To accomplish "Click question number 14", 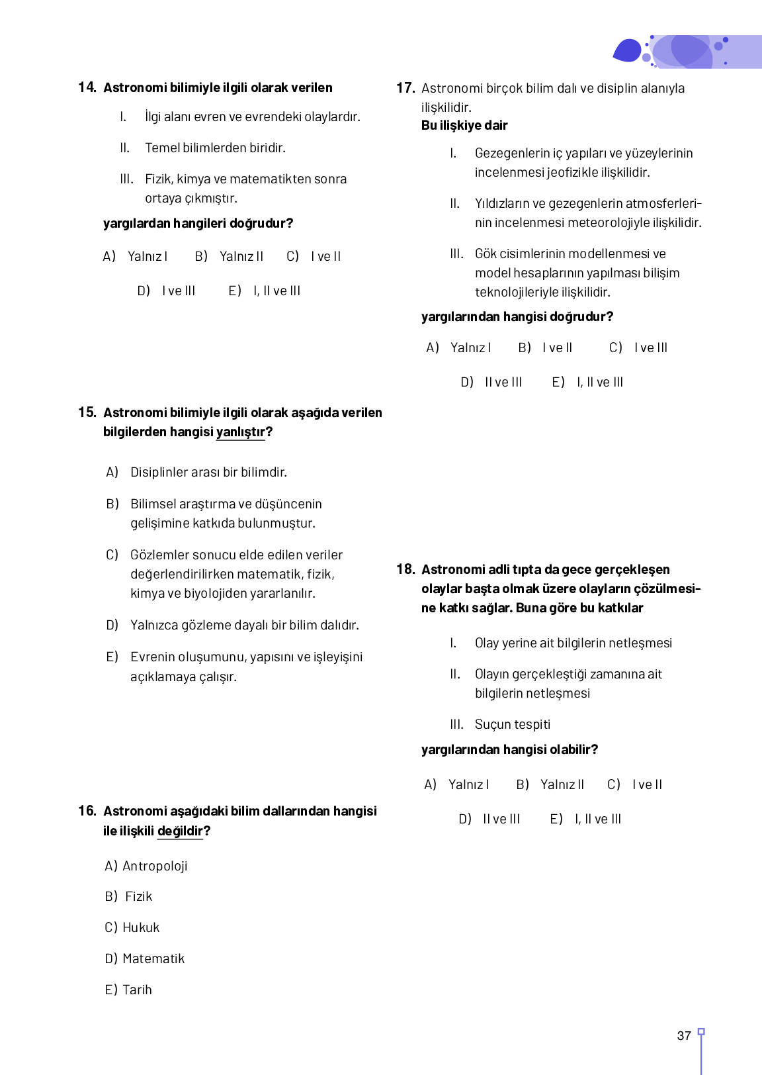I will tap(87, 87).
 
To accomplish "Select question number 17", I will tap(405, 88).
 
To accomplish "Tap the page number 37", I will tap(684, 1035).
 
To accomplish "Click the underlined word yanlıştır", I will tap(240, 432).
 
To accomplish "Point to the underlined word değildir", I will tap(180, 831).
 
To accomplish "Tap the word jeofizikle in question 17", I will tap(575, 173).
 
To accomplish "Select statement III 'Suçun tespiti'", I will tap(512, 724).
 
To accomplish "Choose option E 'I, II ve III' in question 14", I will tap(276, 291).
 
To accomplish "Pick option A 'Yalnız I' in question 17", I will tap(470, 348).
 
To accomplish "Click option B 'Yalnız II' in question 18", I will tap(562, 784).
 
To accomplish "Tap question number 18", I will tap(405, 569).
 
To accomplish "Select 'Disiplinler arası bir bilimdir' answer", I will tap(208, 472).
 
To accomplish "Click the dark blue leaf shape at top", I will tap(627, 51).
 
